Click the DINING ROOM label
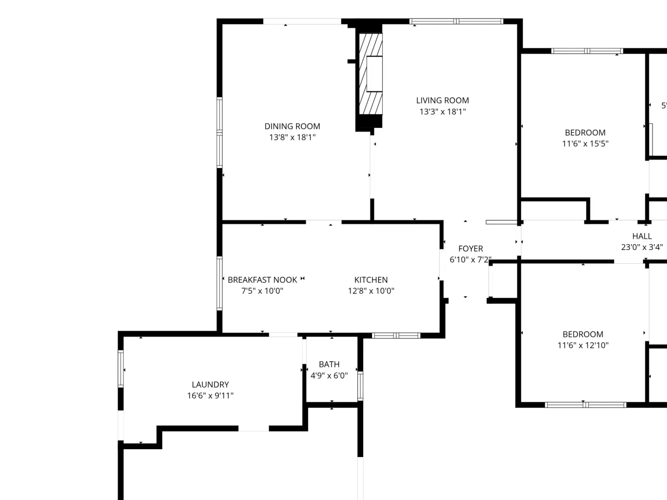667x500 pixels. (x=292, y=126)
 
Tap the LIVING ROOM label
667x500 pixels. (x=442, y=100)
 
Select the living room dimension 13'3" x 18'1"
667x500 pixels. (x=442, y=112)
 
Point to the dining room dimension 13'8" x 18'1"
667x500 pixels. (x=292, y=137)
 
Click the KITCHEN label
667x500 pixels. (x=371, y=280)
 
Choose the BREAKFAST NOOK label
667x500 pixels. (x=263, y=280)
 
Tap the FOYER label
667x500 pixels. (x=471, y=249)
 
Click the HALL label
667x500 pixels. (x=642, y=236)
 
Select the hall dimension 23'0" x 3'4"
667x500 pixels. (x=642, y=247)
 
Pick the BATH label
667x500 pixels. (x=329, y=364)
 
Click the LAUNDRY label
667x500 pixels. (x=210, y=385)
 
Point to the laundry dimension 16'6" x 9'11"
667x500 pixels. (x=210, y=395)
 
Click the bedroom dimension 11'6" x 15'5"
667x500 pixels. (x=585, y=144)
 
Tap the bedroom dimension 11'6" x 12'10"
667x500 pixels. (x=583, y=345)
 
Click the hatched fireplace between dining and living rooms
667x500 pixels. (x=371, y=74)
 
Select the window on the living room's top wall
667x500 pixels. (x=456, y=21)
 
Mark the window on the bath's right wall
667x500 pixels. (x=360, y=386)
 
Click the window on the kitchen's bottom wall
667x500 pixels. (x=396, y=335)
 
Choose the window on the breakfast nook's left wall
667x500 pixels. (x=219, y=283)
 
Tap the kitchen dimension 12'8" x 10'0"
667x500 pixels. (x=371, y=291)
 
